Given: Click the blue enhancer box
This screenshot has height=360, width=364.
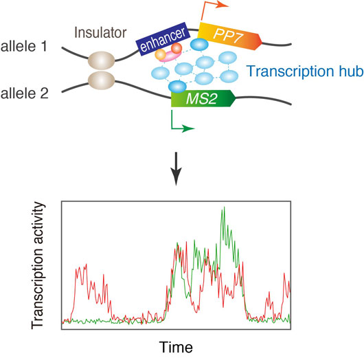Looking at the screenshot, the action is [x=163, y=39].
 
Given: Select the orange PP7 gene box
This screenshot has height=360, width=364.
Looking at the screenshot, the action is [x=230, y=36].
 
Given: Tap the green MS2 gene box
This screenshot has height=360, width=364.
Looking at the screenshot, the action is [x=203, y=98].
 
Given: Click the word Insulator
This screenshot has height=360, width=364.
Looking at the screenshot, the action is [x=100, y=32].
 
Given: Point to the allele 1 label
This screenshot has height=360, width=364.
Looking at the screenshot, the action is [x=24, y=46].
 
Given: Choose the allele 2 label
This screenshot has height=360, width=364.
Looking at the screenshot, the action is [x=25, y=93].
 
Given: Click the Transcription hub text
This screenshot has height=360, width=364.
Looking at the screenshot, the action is [x=305, y=71].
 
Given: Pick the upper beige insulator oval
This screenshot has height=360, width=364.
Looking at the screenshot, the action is [x=101, y=60].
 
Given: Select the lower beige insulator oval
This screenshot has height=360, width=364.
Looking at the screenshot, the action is [x=101, y=80].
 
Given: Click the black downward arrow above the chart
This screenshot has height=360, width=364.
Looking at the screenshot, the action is [x=177, y=169].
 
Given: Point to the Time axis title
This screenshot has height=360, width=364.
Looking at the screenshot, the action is [x=176, y=347].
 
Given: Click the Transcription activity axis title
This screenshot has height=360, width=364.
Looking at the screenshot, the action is [x=38, y=265].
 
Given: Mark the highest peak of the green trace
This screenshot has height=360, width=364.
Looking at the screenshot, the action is [x=224, y=207].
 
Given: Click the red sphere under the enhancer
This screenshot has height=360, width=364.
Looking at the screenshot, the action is [x=177, y=48].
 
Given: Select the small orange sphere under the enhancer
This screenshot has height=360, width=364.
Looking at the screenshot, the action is [x=161, y=54].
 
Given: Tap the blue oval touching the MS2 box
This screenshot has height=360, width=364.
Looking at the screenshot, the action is [x=177, y=87].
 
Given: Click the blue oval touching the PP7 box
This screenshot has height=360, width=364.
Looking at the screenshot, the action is [x=199, y=45].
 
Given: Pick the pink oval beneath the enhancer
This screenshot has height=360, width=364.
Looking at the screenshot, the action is [x=170, y=56].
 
